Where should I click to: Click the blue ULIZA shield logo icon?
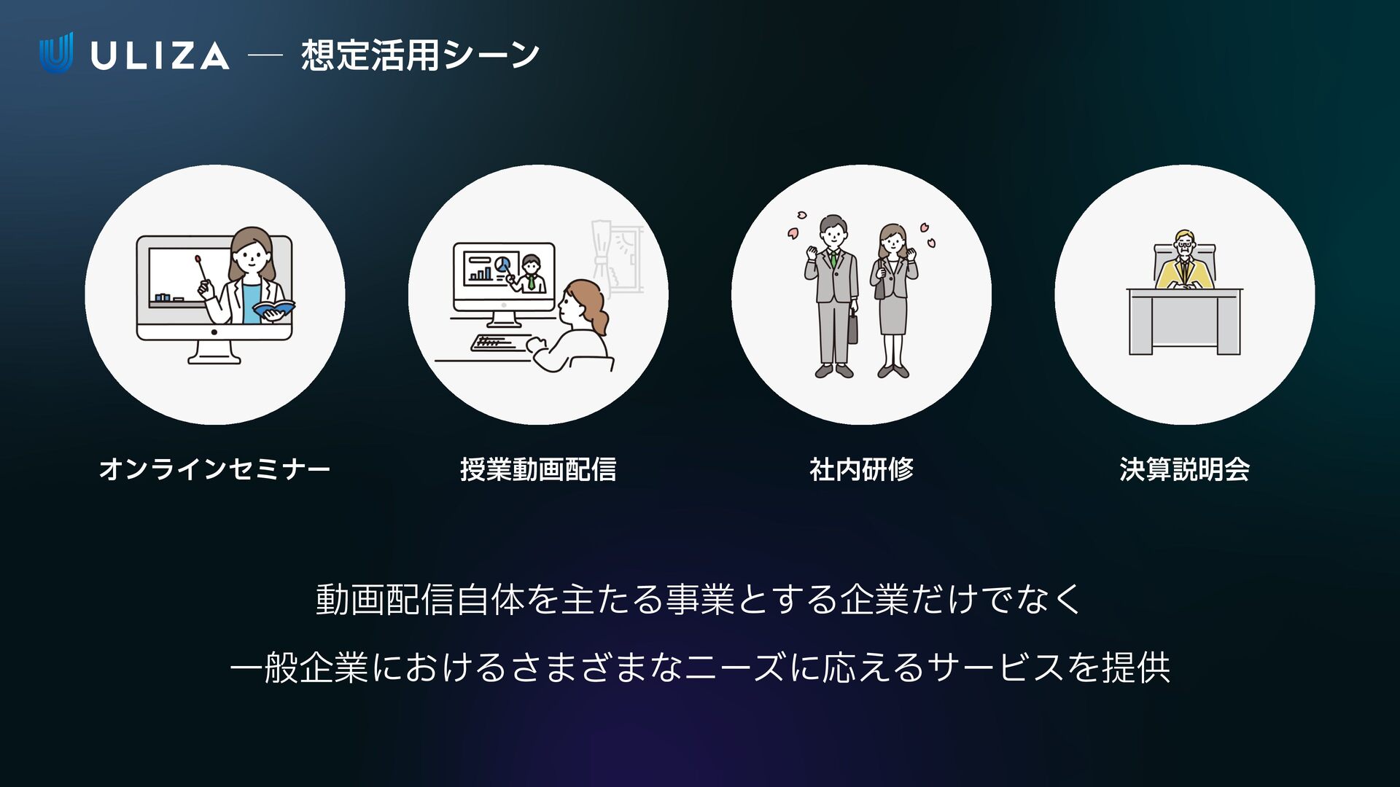[56, 52]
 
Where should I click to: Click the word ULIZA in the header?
[160, 56]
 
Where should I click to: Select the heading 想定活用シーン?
[420, 55]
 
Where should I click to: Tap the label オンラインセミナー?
[214, 469]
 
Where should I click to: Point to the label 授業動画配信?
[538, 469]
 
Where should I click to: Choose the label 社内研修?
[861, 469]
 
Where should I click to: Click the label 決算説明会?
[1184, 469]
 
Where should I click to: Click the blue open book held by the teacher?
[273, 309]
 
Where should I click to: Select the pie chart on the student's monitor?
[502, 263]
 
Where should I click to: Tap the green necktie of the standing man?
[833, 259]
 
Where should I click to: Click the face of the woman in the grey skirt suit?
[892, 241]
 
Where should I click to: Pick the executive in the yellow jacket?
[1184, 265]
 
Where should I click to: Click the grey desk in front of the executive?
[1184, 321]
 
